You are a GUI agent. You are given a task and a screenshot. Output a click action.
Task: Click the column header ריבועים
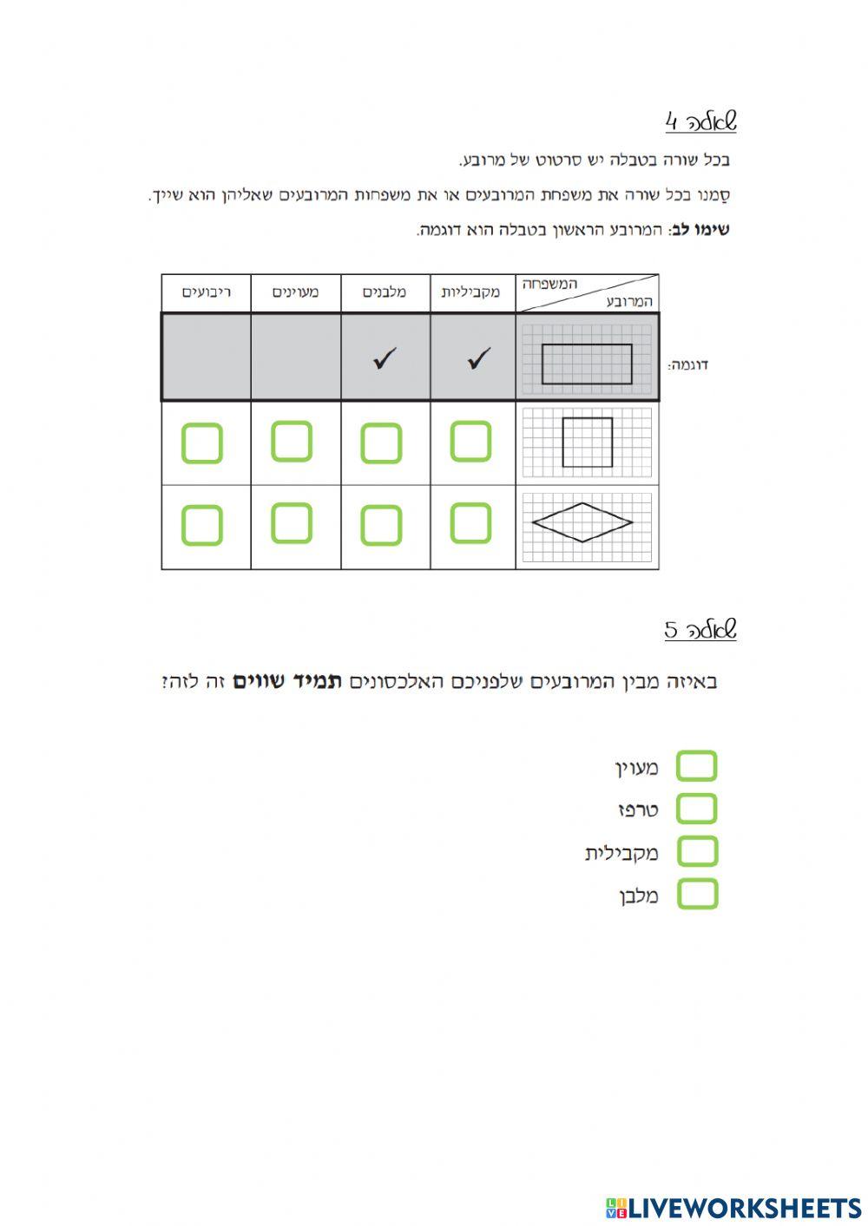[x=206, y=292]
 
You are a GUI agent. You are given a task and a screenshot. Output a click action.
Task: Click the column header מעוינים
[x=295, y=292]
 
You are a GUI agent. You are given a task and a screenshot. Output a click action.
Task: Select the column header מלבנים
[x=385, y=292]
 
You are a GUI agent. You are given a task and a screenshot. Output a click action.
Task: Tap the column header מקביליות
[x=470, y=292]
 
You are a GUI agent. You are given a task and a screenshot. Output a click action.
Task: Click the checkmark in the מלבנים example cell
[x=384, y=357]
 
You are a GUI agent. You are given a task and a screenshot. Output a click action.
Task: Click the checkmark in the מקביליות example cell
[x=478, y=357]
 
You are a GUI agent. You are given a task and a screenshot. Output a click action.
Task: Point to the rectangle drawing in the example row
[x=587, y=364]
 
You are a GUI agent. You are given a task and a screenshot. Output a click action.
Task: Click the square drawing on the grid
[x=587, y=443]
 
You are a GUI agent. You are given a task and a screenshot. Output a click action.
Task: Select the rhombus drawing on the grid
[x=582, y=522]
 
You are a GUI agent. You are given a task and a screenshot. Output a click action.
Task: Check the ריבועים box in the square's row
[x=202, y=443]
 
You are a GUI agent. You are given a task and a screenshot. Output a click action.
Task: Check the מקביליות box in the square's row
[x=470, y=442]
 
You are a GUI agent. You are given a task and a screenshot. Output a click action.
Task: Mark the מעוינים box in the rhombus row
[x=292, y=523]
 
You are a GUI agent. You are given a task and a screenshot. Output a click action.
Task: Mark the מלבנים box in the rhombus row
[x=381, y=525]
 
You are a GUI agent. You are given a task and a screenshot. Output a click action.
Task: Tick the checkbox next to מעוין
[x=696, y=767]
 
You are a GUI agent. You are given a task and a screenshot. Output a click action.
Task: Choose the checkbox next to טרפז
[x=696, y=809]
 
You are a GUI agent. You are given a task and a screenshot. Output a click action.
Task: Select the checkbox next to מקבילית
[x=696, y=851]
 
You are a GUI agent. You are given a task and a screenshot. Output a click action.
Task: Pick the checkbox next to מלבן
[x=696, y=894]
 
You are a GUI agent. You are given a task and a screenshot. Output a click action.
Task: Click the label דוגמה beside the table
[x=688, y=365]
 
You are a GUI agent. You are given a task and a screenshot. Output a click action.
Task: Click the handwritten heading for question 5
[x=700, y=629]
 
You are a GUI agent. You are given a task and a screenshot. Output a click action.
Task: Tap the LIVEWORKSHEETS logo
[x=733, y=1207]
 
